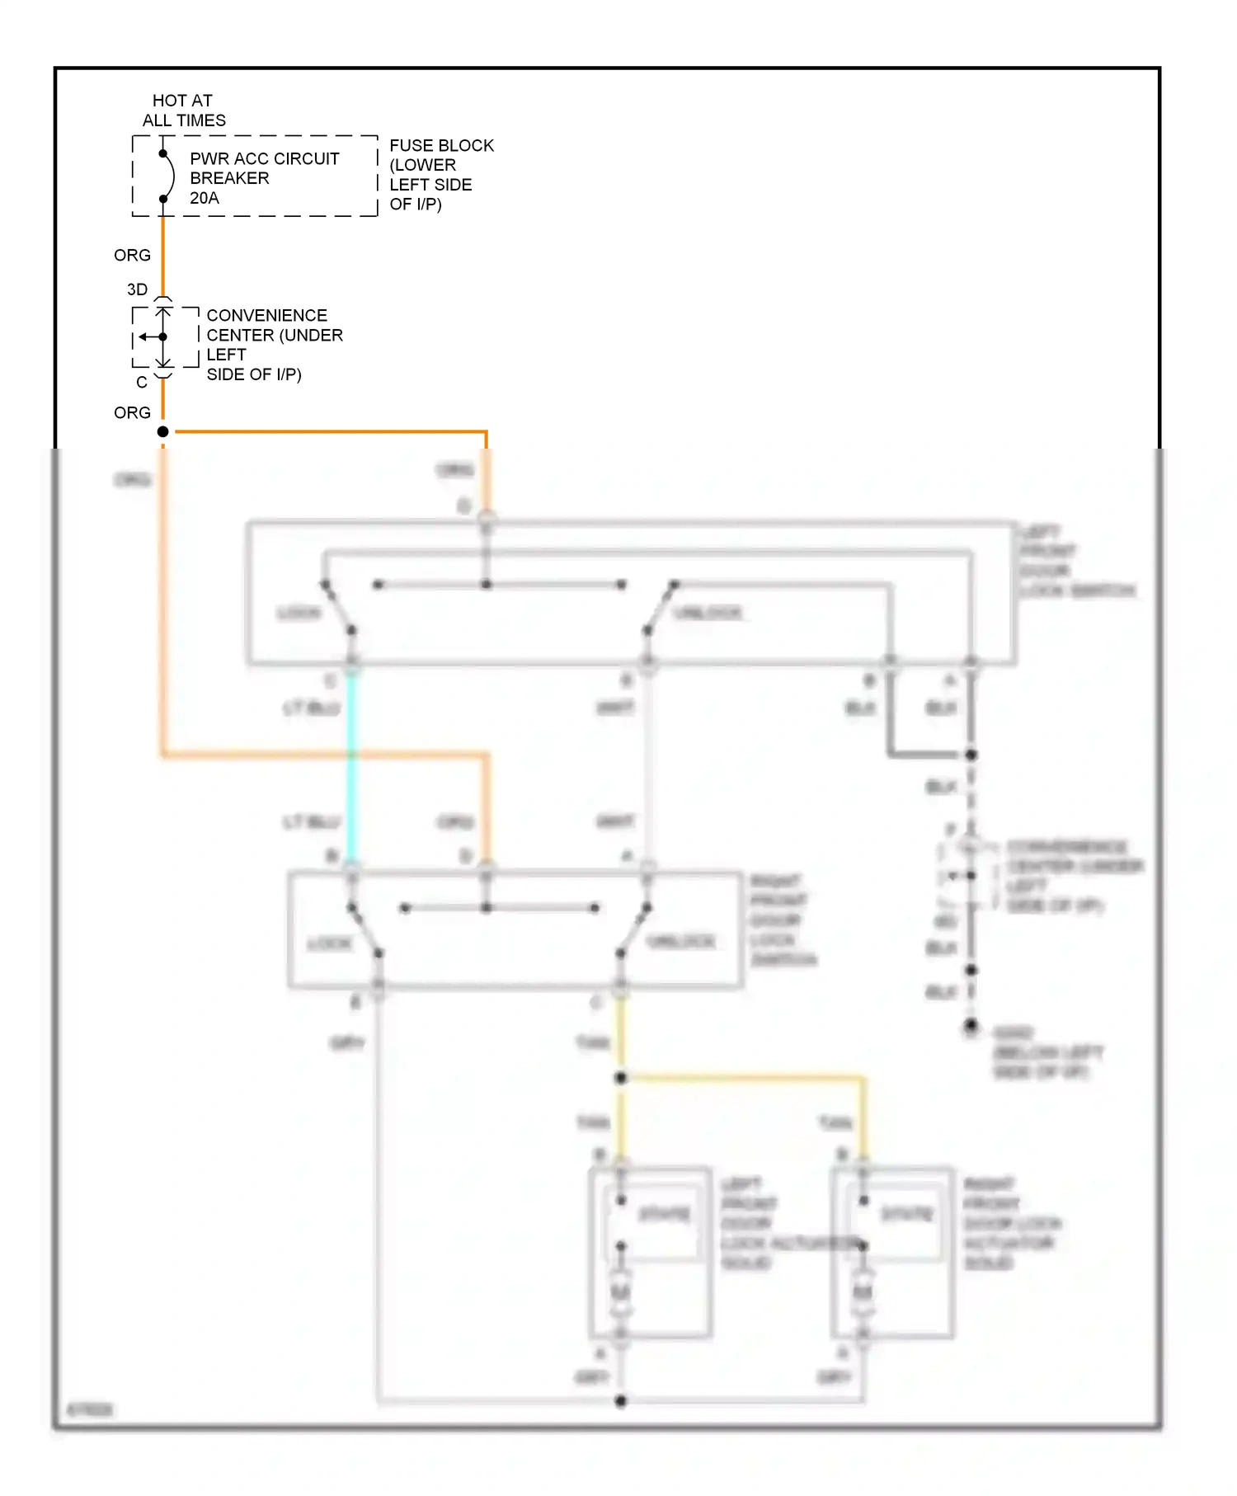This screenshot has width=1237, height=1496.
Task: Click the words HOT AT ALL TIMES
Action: click(x=183, y=111)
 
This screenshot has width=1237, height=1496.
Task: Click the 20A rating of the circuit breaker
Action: click(x=205, y=198)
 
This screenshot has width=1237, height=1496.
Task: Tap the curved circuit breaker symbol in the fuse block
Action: click(x=170, y=176)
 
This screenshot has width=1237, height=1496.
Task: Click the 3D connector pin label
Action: click(x=137, y=289)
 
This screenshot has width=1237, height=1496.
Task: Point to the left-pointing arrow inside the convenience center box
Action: click(x=146, y=336)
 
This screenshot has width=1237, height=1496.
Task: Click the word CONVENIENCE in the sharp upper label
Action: click(x=266, y=316)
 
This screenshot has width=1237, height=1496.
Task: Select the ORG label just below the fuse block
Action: click(x=132, y=256)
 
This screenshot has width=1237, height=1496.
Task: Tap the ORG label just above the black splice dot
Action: click(x=132, y=412)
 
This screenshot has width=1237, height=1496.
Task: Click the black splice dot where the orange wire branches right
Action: click(x=163, y=431)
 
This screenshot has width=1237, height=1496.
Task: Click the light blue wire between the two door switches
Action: click(x=351, y=767)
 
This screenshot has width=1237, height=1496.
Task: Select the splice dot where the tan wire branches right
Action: click(x=621, y=1078)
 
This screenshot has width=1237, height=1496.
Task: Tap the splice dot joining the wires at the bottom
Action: click(x=621, y=1400)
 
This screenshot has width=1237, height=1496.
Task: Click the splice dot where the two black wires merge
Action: click(x=971, y=755)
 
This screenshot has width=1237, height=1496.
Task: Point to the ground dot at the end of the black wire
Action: click(x=971, y=1025)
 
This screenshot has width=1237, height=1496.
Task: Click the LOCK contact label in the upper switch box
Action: click(x=299, y=613)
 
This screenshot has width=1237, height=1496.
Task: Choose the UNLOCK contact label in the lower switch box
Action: click(x=681, y=942)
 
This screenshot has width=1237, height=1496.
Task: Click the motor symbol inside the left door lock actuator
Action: click(x=621, y=1292)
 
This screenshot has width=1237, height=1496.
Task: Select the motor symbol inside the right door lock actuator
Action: click(x=863, y=1292)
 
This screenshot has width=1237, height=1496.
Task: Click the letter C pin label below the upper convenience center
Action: click(x=142, y=383)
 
